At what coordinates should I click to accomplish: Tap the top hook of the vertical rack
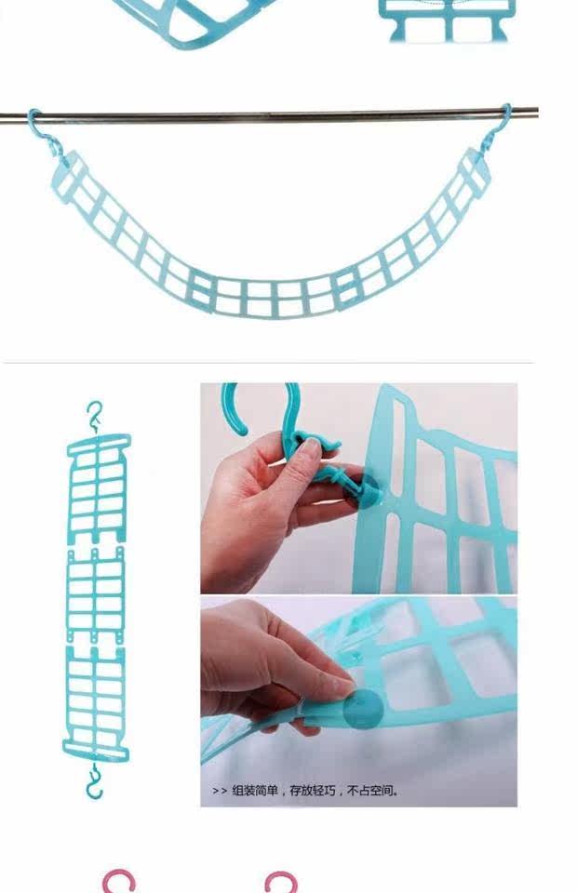pos(95,417)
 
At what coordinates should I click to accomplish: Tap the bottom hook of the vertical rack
pos(95,782)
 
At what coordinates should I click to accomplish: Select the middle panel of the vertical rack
pos(96,595)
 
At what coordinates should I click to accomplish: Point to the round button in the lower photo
pos(363,709)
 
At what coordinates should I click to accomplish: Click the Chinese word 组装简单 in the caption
pos(255,791)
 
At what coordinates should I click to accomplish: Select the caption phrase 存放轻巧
pos(313,791)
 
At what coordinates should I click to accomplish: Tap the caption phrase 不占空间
pos(370,791)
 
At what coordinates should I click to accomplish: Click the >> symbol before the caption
pos(220,791)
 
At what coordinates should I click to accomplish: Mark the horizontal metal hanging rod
pos(269,114)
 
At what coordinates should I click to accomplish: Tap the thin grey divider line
pos(269,362)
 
